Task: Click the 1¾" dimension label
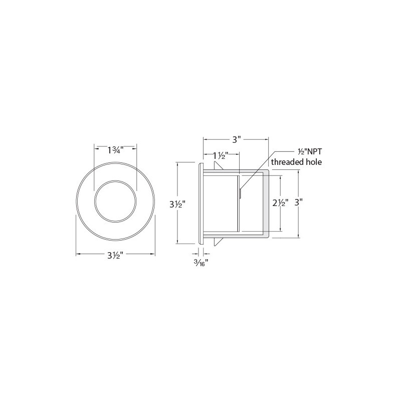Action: coord(116,150)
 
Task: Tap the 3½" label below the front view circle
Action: coord(116,255)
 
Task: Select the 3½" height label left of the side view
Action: coord(177,205)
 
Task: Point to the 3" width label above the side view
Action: coord(237,140)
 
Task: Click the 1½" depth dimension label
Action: coord(221,155)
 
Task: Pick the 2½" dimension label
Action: coord(281,203)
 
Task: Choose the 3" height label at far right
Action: coord(299,203)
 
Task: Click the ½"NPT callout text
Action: coord(309,151)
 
